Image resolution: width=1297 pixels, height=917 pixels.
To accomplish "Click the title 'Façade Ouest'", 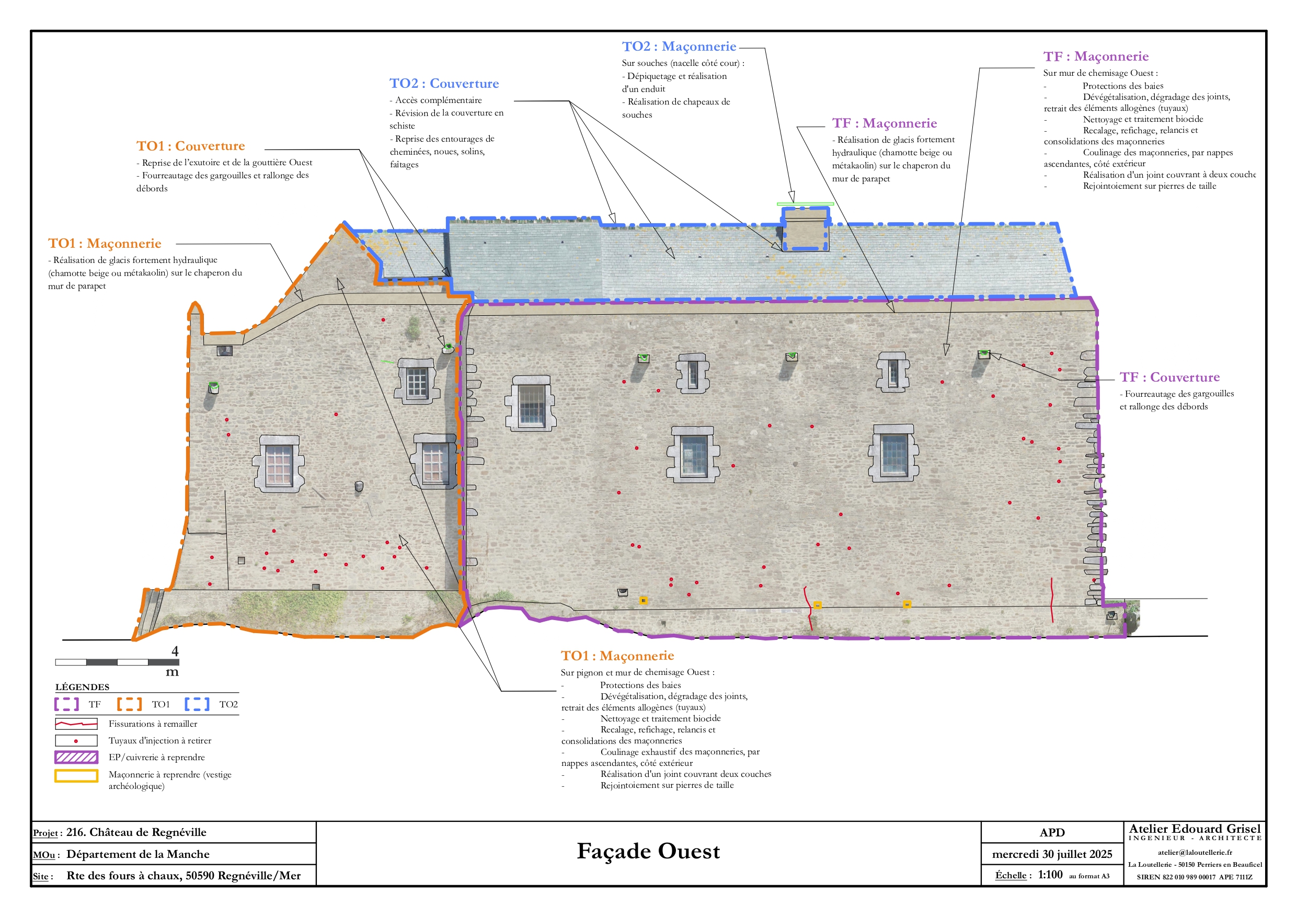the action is point(648,852).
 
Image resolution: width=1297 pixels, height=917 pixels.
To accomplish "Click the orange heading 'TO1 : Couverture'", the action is point(190,146).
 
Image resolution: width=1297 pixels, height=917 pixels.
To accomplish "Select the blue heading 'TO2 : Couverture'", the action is point(444,84).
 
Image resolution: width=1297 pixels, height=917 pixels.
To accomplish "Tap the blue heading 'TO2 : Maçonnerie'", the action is point(679,47).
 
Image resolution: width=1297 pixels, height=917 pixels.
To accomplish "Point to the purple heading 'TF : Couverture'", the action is point(1169,377).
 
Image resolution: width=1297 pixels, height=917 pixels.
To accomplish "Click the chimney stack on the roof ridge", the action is point(805,229).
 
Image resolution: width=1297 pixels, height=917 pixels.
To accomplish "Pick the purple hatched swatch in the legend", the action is point(76,757).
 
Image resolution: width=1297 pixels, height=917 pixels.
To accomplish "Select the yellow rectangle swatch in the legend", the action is point(76,776).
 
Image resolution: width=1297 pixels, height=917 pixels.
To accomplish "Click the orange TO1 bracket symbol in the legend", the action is point(129,704).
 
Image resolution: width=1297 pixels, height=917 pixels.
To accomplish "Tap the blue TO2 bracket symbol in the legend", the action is point(197,704).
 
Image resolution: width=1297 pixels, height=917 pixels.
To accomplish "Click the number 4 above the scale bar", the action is point(175,651).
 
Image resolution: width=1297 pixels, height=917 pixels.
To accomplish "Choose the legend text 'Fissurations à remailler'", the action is point(153,724).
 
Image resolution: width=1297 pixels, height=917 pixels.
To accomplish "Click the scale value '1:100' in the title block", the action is point(1050,875).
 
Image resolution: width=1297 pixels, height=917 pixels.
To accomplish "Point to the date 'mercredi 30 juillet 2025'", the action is point(1052,854).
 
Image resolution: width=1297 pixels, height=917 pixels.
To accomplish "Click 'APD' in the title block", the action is point(1052,832).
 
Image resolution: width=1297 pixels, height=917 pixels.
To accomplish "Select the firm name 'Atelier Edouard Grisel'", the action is point(1195,828).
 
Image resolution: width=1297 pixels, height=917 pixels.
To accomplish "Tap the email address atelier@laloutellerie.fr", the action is point(1195,853).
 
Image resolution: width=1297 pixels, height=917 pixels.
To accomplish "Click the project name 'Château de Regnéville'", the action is point(147,832).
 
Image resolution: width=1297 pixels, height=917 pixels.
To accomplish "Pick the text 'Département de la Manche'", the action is point(138,854).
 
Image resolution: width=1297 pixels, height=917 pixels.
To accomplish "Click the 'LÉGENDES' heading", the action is point(83,687).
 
